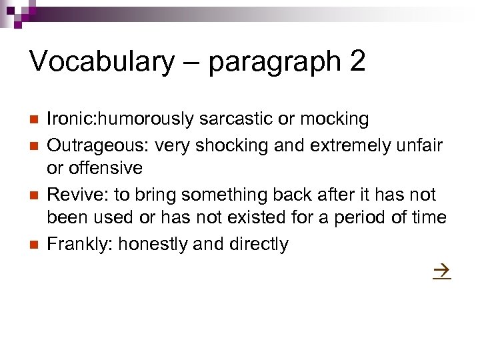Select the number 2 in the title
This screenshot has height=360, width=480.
click(357, 62)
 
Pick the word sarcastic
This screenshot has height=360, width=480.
click(230, 119)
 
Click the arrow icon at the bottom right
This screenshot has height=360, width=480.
click(442, 272)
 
